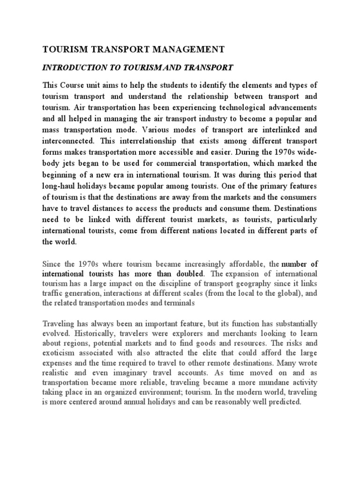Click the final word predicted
click(283, 402)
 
